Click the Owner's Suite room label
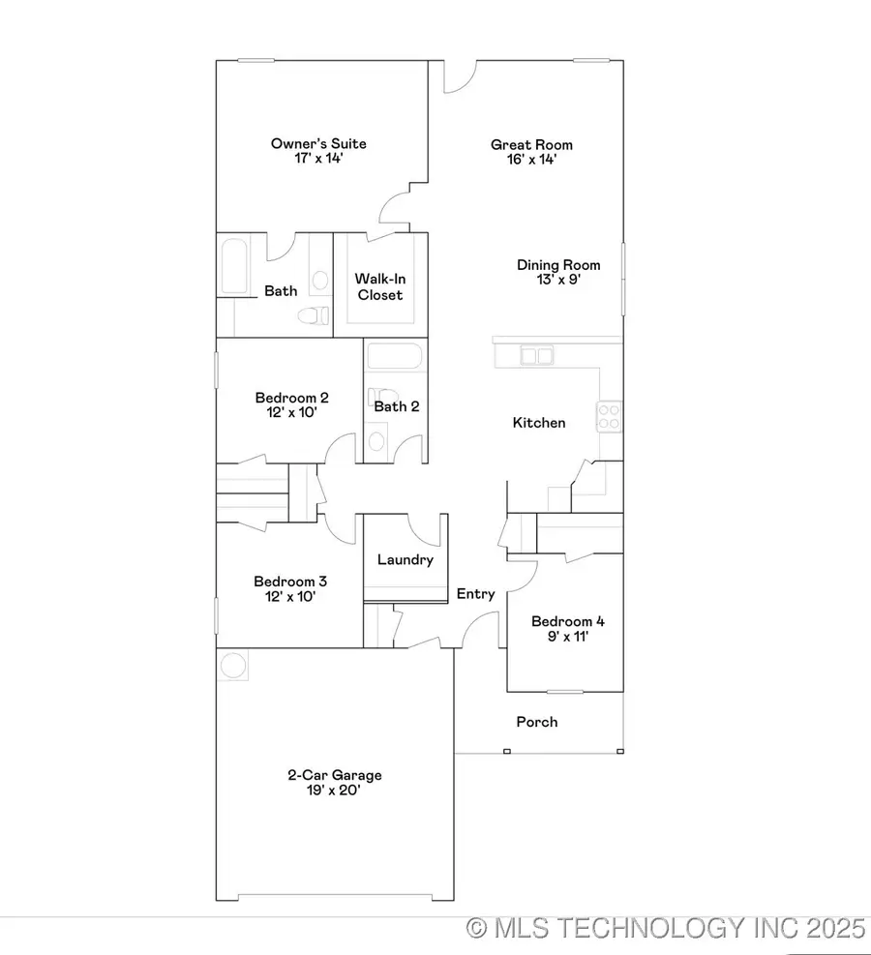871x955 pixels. point(318,144)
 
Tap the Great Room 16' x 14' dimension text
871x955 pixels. point(525,161)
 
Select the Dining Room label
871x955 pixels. point(558,265)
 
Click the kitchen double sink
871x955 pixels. point(537,356)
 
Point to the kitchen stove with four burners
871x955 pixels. point(610,416)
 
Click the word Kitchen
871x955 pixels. point(539,423)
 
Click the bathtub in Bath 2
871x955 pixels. point(395,358)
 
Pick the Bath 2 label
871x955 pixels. point(397,406)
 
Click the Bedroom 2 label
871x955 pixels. point(292,398)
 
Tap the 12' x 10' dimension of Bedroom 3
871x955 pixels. point(290,597)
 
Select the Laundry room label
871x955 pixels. point(405,559)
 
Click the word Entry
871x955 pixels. point(476,594)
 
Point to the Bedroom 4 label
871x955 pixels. point(568,621)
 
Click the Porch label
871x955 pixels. point(537,722)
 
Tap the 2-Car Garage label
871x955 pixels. point(335,775)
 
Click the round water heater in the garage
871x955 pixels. point(233,666)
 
